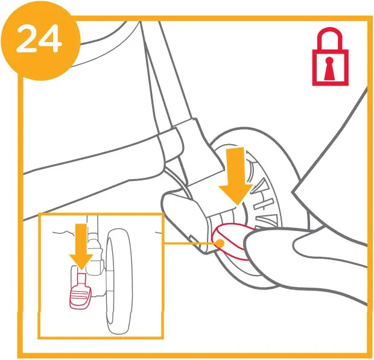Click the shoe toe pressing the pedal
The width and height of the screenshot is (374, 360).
coord(265,247)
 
